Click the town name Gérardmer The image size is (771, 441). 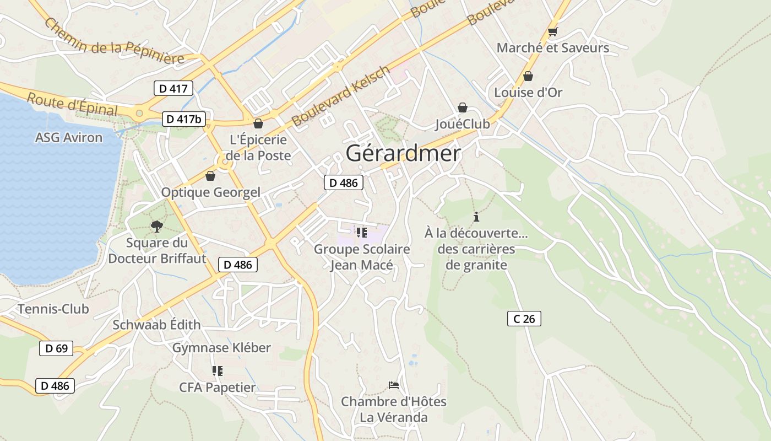[403, 153]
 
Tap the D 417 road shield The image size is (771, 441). [173, 88]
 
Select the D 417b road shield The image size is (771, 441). [184, 119]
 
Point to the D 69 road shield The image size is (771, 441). [56, 348]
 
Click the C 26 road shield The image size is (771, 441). [524, 318]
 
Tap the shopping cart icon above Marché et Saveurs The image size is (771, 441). [553, 32]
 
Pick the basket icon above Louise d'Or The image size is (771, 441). [528, 76]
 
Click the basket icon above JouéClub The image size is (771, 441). [463, 107]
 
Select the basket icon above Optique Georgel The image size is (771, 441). [210, 176]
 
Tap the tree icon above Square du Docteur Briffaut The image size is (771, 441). [157, 226]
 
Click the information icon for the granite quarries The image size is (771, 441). [476, 217]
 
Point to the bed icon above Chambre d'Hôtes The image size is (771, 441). [393, 385]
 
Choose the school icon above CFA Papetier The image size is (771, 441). [217, 371]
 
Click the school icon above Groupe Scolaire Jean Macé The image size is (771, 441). [361, 233]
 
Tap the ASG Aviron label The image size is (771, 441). [69, 137]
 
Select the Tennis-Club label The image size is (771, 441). [53, 309]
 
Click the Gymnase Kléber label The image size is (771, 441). [221, 347]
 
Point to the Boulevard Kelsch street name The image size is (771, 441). [340, 96]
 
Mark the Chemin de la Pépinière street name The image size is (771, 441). [114, 41]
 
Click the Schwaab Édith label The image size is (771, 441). [156, 325]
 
